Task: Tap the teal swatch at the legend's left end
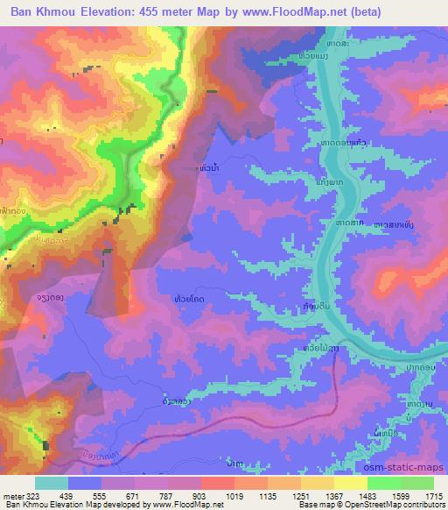51,483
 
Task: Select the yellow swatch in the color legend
350,483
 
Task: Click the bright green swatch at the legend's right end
416,483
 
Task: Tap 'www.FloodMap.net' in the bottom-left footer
185,505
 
